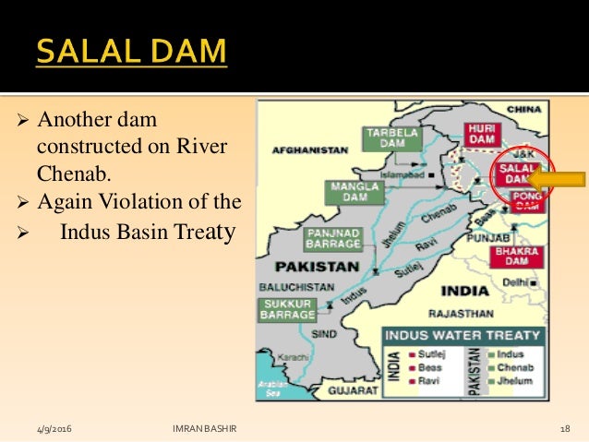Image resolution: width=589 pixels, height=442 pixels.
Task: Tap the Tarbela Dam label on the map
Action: click(390, 137)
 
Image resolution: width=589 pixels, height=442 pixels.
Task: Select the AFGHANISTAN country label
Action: click(309, 149)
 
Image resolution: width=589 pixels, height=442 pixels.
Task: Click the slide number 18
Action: click(564, 429)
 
